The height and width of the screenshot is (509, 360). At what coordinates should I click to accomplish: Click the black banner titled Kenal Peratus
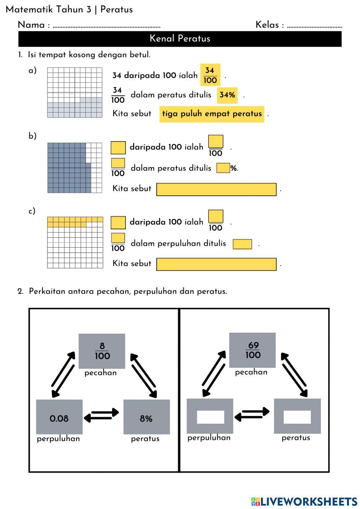pyautogui.click(x=180, y=39)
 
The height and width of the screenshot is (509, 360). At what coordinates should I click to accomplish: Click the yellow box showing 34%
pyautogui.click(x=227, y=95)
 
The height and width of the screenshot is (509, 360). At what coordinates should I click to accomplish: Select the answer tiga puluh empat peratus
pyautogui.click(x=212, y=114)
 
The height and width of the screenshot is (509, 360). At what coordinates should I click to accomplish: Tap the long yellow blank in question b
pyautogui.click(x=216, y=189)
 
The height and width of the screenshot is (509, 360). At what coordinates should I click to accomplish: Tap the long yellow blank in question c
pyautogui.click(x=216, y=264)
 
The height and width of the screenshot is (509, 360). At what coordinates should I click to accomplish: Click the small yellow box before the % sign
pyautogui.click(x=223, y=168)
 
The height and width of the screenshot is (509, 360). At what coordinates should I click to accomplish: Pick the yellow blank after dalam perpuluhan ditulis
pyautogui.click(x=242, y=244)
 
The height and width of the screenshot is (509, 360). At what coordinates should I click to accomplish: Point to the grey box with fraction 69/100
pyautogui.click(x=252, y=350)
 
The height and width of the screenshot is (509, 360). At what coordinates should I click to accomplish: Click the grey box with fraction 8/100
pyautogui.click(x=102, y=351)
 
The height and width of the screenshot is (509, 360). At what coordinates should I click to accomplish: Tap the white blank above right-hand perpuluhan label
pyautogui.click(x=210, y=417)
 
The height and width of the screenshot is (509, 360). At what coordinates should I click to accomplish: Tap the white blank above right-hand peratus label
pyautogui.click(x=297, y=417)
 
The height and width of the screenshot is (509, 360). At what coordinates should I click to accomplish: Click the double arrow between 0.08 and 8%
pyautogui.click(x=102, y=415)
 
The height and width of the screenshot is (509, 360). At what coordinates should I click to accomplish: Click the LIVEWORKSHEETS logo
pyautogui.click(x=304, y=501)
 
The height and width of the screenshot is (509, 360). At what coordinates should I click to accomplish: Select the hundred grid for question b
pyautogui.click(x=75, y=168)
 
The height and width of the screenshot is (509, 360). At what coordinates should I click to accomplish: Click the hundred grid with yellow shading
pyautogui.click(x=75, y=242)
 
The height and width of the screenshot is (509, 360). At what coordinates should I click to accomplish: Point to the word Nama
pyautogui.click(x=31, y=25)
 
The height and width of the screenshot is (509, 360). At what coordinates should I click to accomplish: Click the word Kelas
pyautogui.click(x=267, y=25)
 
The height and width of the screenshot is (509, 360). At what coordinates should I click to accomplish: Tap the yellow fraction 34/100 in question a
pyautogui.click(x=210, y=75)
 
